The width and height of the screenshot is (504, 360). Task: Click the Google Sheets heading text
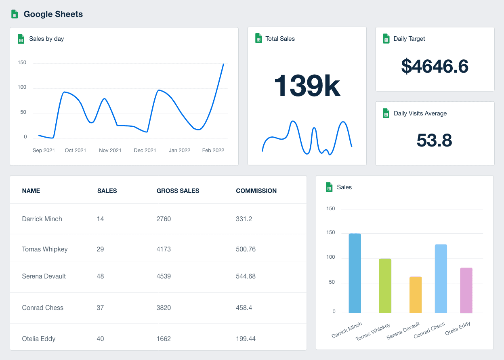tap(53, 14)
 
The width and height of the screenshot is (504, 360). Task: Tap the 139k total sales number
tap(307, 86)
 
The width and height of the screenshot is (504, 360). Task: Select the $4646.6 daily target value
tap(435, 66)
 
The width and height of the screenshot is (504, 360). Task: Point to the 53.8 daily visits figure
tap(434, 140)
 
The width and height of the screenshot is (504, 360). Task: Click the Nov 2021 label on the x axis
tap(110, 150)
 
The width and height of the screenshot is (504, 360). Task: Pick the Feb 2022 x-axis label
tap(213, 150)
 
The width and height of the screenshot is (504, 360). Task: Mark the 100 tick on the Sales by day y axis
tap(22, 87)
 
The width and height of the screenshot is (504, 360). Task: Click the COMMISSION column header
tap(256, 191)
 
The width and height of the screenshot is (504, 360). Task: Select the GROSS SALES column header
tap(178, 191)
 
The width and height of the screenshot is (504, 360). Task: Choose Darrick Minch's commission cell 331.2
tap(244, 219)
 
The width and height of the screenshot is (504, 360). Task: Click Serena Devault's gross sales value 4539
tap(164, 276)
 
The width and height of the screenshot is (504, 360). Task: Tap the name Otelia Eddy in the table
tap(39, 339)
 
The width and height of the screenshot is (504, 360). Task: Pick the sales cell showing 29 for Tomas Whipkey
tap(100, 249)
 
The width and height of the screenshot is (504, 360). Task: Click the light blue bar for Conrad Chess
tap(441, 278)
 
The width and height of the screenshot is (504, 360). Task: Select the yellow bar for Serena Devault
tap(416, 295)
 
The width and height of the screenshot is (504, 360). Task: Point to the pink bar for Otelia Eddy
tap(466, 290)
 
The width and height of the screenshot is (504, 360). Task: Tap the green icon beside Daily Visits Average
tap(386, 113)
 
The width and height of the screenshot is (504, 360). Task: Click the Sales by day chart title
tap(46, 39)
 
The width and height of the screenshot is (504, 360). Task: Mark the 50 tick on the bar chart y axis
tap(332, 282)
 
